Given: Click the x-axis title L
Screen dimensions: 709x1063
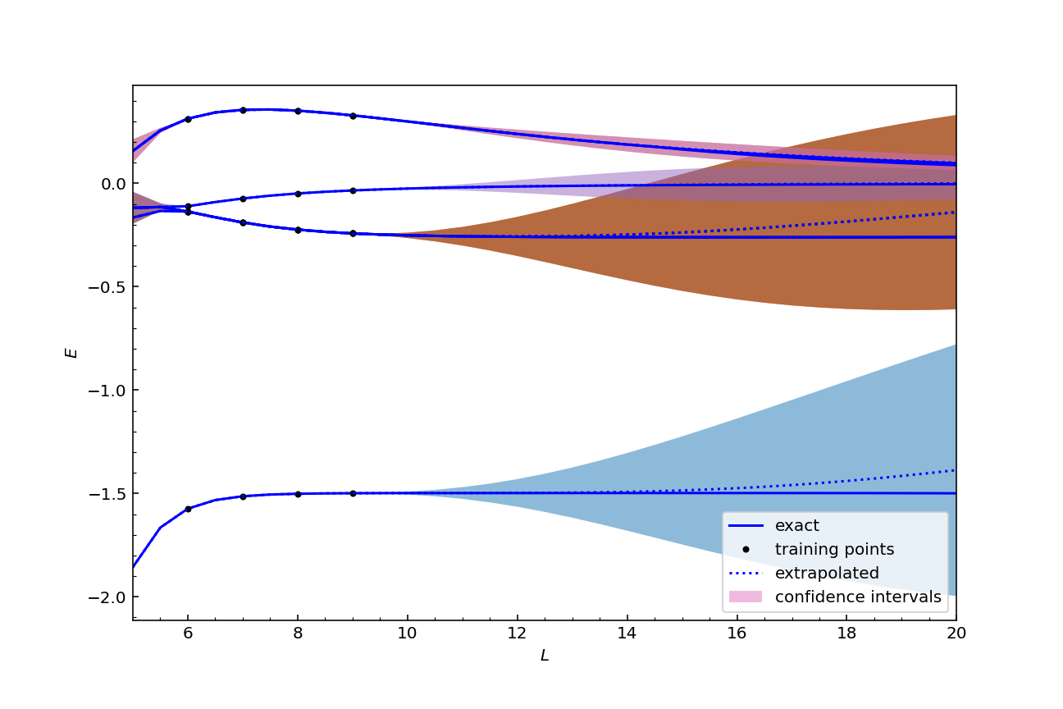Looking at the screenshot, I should point(545,656).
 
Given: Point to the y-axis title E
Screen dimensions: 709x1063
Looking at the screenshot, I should point(72,352).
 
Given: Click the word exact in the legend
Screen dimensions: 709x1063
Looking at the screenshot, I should point(796,526).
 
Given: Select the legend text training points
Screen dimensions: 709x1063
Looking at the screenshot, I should point(834,549).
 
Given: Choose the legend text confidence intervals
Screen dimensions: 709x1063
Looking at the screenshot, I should point(858,597).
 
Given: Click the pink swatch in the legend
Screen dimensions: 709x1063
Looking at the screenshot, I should point(746,597).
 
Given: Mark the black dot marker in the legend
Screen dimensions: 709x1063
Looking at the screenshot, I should point(746,549).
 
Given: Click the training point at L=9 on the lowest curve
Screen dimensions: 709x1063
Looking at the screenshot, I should point(353,493).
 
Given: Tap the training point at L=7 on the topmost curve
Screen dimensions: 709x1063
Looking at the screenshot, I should point(243,110).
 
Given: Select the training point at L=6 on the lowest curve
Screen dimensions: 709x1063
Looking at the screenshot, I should point(188,509).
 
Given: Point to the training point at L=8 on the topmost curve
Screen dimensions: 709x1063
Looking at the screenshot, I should point(298,111).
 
